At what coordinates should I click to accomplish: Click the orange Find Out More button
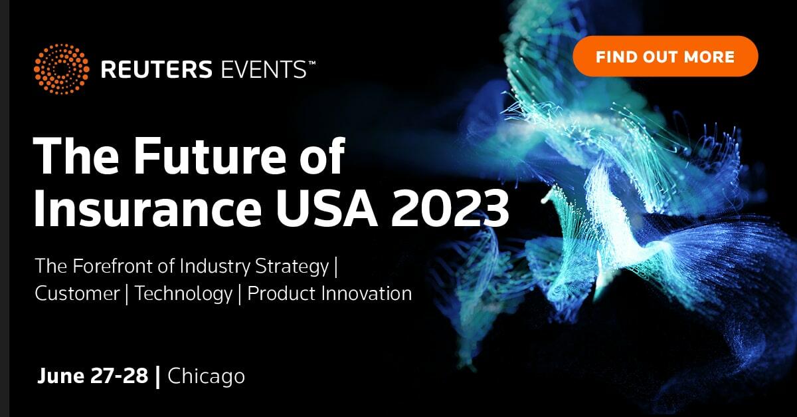665,57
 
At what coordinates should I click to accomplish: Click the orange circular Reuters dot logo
60,69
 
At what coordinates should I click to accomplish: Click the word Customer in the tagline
77,294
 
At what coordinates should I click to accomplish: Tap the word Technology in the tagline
184,294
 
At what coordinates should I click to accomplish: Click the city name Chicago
207,377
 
